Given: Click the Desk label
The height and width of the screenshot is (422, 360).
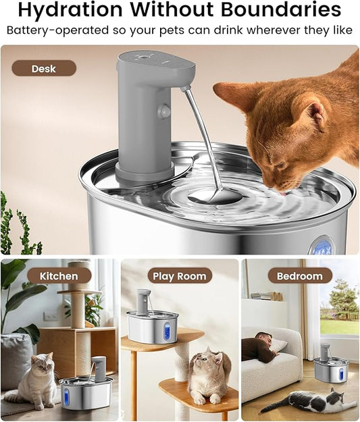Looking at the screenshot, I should click(x=44, y=68).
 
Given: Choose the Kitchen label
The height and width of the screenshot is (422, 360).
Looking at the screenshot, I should click(x=59, y=275).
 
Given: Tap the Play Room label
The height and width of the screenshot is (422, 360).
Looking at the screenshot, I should click(x=179, y=275).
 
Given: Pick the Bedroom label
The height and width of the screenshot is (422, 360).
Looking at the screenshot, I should click(x=300, y=275).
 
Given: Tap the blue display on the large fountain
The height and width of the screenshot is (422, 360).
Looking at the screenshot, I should click(x=322, y=245).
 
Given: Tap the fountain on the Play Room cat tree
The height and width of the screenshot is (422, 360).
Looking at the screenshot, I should click(x=152, y=321).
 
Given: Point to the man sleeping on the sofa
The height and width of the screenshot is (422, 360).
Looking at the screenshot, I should click(x=260, y=347).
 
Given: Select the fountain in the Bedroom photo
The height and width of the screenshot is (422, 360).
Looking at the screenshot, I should click(x=331, y=367).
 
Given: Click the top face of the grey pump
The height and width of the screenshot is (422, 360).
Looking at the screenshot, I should click(x=154, y=59).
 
